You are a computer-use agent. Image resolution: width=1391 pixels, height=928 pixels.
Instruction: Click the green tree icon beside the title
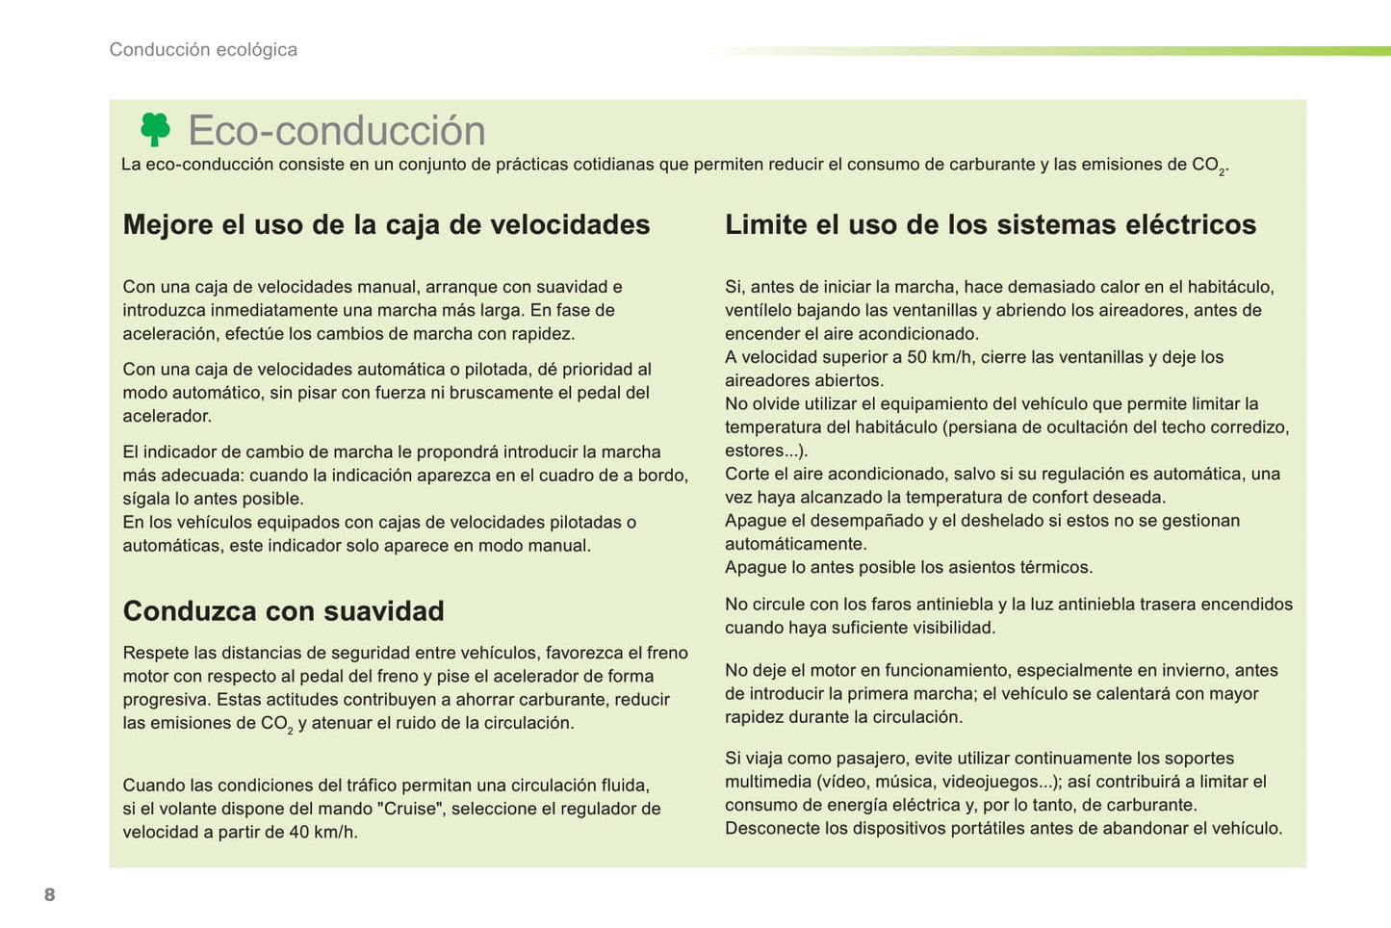click(155, 129)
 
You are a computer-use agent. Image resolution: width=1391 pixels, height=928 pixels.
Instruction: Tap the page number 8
click(50, 894)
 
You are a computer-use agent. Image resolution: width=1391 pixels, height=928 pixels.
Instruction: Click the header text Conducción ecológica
click(203, 50)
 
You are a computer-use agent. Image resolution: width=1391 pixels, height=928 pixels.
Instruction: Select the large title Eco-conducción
click(337, 131)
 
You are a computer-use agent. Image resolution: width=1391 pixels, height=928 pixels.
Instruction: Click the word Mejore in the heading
click(168, 225)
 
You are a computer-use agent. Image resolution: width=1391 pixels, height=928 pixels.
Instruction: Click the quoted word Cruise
click(411, 809)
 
